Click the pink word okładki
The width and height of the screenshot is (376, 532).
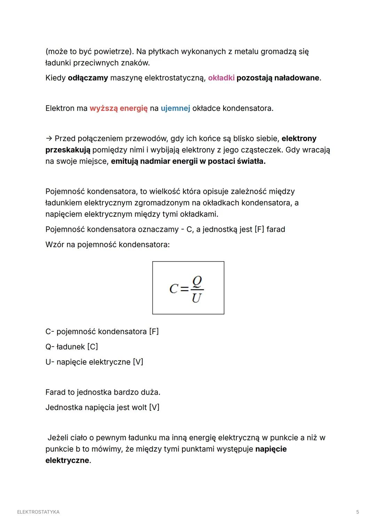221,78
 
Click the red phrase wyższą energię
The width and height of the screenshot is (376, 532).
118,108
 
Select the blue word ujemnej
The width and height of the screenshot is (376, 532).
175,108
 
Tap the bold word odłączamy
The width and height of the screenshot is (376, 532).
88,78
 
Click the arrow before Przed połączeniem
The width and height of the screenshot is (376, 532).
49,139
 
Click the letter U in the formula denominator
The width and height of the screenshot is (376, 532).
196,298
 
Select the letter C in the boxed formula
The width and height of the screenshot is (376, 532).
174,289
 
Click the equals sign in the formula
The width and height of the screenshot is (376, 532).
185,289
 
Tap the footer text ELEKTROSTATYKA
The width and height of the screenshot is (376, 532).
38,512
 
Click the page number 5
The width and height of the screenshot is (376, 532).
358,512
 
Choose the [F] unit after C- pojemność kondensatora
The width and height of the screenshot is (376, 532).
154,331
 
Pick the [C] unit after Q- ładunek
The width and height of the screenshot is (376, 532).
93,347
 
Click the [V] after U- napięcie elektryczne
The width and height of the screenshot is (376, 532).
138,362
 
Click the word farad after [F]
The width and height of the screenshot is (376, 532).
276,229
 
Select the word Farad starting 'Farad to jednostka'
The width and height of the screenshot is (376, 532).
55,392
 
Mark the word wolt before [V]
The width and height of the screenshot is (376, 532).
139,407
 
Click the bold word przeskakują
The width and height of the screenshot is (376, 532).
68,150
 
